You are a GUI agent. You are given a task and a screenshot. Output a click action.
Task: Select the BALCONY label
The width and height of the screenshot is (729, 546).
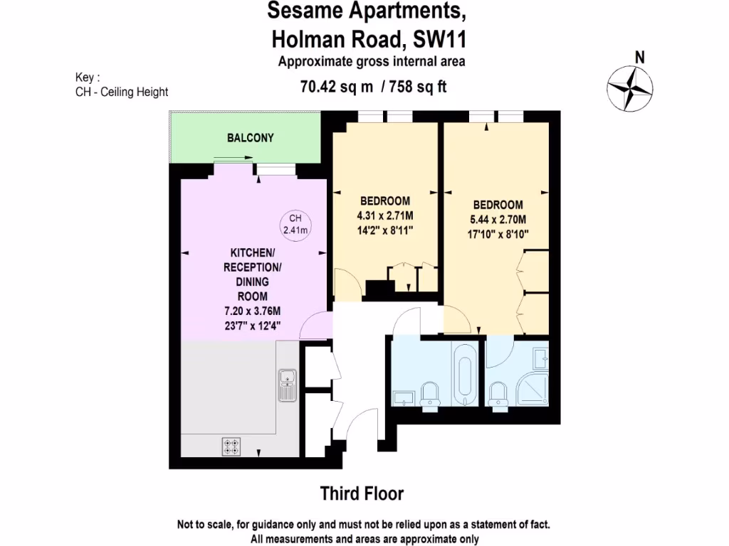tap(250, 138)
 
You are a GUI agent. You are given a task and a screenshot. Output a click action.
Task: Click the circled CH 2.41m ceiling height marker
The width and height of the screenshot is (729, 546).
tap(295, 224)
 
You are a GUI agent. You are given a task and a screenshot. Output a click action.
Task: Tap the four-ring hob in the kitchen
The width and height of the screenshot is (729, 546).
tap(233, 445)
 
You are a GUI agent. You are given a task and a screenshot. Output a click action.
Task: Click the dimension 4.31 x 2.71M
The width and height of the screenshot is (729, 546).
tap(384, 215)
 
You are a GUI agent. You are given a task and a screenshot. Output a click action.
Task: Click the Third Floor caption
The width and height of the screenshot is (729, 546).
tap(362, 493)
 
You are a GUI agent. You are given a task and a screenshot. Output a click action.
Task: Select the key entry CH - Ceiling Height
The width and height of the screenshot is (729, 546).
tap(121, 92)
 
